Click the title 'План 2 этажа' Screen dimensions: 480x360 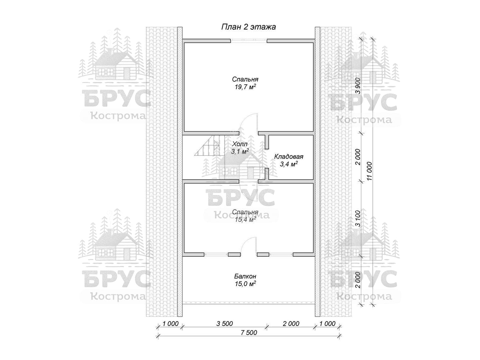click(248, 27)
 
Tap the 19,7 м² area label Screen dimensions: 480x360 click(245, 87)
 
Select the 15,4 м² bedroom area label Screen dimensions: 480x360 click(245, 220)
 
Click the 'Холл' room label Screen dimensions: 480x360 click(240, 144)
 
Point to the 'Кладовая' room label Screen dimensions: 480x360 click(289, 157)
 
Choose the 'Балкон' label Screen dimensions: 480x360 click(245, 276)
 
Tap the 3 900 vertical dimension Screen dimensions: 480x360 click(358, 86)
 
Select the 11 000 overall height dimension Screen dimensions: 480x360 click(369, 171)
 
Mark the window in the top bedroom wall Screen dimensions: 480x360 click(249, 40)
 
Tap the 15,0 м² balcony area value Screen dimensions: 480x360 click(245, 284)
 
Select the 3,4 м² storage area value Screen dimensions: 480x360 click(289, 164)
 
